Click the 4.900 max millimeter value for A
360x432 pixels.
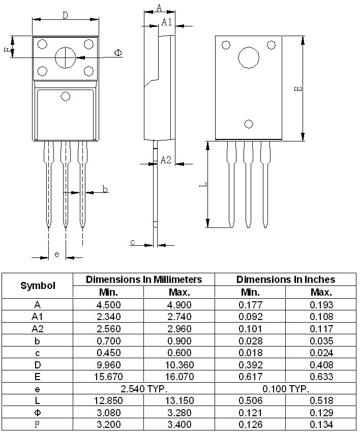click(179, 305)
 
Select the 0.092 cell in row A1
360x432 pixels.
click(250, 316)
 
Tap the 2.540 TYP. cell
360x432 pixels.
click(143, 389)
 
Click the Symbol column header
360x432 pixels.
click(38, 285)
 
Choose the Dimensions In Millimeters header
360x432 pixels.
click(143, 279)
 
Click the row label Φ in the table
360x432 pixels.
click(38, 413)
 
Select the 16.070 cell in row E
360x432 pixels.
click(179, 377)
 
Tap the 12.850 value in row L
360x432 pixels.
click(108, 400)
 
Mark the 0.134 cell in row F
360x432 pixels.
click(321, 424)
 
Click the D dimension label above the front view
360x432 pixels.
click(65, 15)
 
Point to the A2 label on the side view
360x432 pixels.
click(166, 160)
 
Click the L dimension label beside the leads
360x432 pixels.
click(202, 185)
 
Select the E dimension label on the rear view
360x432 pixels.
click(298, 88)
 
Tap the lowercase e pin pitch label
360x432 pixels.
click(56, 254)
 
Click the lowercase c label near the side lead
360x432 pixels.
click(132, 242)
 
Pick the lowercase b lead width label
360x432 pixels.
click(105, 189)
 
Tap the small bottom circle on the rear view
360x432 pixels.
click(249, 124)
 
